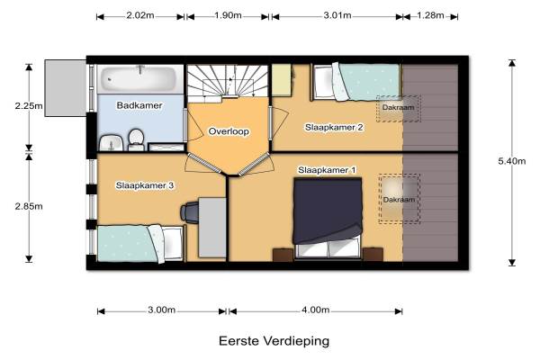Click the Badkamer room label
139,105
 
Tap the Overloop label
229,131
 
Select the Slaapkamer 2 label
334,128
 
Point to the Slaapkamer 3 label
145,185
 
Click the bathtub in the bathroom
140,78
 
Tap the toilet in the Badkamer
137,139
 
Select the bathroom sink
111,143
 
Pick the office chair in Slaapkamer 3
190,211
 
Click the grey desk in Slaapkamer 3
212,228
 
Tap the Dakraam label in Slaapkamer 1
399,200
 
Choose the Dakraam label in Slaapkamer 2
398,107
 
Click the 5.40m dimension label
512,161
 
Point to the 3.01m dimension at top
337,15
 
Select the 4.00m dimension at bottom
316,310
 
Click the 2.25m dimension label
29,106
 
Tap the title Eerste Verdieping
274,341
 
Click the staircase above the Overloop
228,82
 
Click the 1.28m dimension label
430,15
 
